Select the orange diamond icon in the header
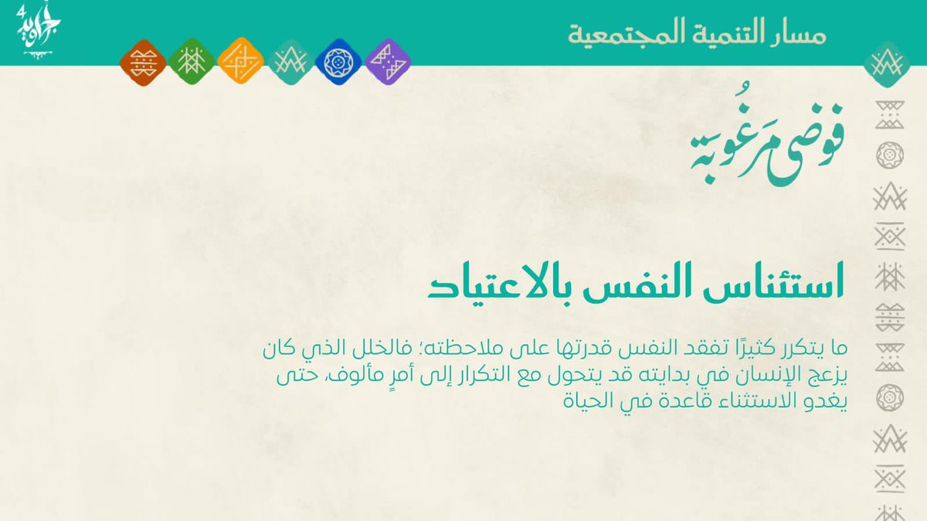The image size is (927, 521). click(x=240, y=63)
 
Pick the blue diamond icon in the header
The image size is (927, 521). click(x=337, y=63)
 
